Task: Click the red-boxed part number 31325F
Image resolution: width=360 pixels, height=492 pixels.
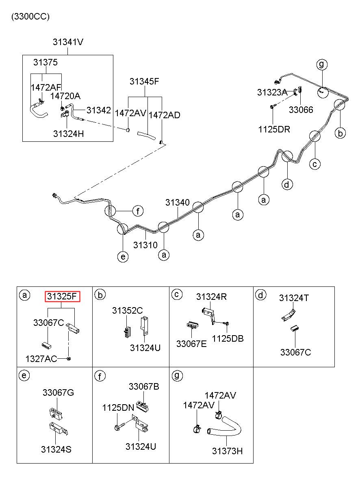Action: [x=63, y=297]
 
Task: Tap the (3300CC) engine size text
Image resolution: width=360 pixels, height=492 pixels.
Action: [x=30, y=17]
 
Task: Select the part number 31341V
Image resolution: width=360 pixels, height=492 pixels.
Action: [x=68, y=42]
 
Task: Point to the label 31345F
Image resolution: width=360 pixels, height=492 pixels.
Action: [x=144, y=82]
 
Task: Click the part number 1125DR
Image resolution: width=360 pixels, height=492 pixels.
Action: [x=274, y=129]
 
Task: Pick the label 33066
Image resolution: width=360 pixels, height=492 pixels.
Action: [x=301, y=110]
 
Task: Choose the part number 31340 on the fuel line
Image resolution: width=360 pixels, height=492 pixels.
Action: [x=177, y=202]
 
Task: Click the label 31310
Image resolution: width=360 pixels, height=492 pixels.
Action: [x=145, y=245]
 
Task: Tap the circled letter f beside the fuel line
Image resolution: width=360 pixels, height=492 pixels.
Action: [x=138, y=211]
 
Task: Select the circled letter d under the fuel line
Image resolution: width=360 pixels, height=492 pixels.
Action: [x=287, y=184]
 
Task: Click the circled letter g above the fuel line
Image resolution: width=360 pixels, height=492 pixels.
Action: [x=322, y=65]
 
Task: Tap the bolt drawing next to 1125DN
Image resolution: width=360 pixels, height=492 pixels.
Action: [x=119, y=427]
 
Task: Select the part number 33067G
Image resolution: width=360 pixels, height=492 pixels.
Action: [x=58, y=392]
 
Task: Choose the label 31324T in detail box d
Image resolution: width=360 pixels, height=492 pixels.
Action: [x=294, y=298]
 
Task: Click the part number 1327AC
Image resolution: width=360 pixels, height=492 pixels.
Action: [x=41, y=359]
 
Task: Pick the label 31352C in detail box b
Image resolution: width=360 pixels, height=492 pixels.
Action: [x=128, y=310]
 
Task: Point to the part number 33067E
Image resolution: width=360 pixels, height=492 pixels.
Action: [x=191, y=344]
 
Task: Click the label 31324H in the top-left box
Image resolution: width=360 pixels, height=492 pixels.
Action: [x=69, y=134]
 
